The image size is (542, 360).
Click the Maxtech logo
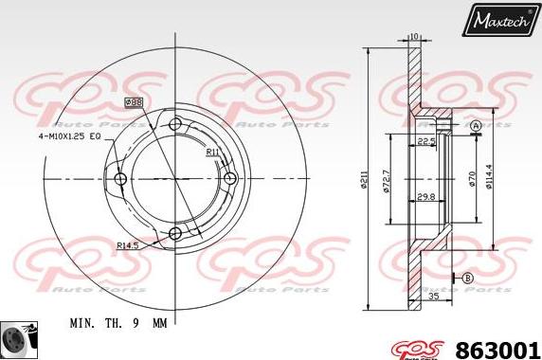coord(499,18)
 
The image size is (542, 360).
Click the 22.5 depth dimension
coord(425,142)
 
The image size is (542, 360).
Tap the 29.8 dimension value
coord(426,197)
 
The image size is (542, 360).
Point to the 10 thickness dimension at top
coord(414,37)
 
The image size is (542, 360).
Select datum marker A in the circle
coord(476,126)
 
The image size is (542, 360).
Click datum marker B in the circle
coord(467,277)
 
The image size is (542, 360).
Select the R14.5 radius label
coord(129,245)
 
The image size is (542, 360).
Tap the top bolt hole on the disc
coord(174,124)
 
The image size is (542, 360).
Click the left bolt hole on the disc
coord(120,178)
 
